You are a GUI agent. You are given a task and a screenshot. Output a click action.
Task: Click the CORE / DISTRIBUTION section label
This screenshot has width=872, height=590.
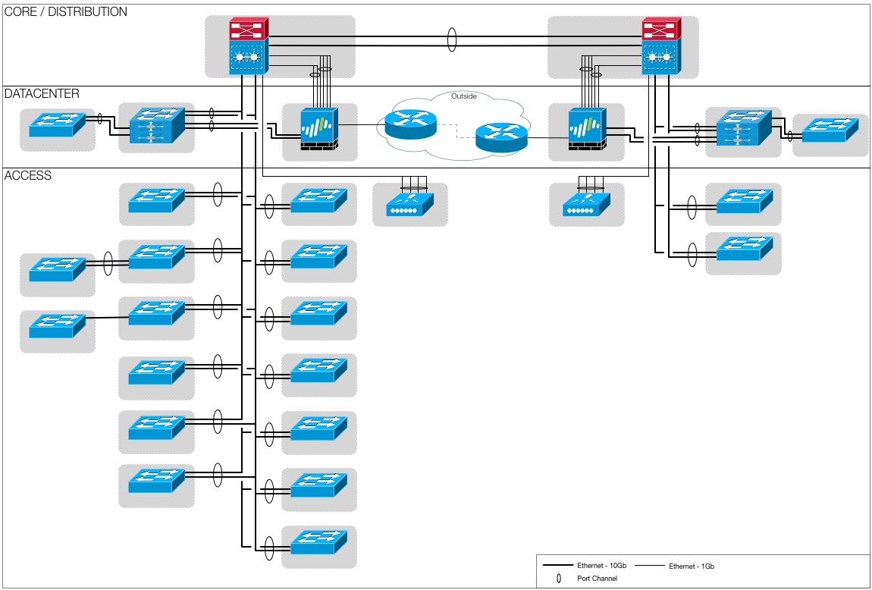pos(66,12)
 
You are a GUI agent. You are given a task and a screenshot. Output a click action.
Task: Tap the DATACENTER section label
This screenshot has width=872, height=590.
pos(42,93)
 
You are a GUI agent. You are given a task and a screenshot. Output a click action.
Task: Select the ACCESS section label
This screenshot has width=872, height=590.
pos(28,175)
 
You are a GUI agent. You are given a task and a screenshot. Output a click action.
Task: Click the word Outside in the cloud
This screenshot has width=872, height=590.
pos(464,96)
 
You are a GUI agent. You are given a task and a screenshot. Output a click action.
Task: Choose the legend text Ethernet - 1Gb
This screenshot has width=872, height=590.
pos(692,566)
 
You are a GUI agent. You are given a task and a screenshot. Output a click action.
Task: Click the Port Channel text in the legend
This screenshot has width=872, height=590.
pos(598,579)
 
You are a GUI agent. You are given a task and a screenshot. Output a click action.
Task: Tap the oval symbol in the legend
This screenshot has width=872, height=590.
pos(559,579)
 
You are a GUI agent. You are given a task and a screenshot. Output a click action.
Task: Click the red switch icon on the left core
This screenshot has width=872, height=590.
pos(247,31)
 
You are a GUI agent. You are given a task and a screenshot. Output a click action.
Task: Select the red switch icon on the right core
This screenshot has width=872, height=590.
pos(660,31)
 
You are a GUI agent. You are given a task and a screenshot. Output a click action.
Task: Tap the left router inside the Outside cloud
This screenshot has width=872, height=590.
pos(411,123)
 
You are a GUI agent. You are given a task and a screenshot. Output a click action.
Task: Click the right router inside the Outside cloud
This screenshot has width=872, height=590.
pos(501,137)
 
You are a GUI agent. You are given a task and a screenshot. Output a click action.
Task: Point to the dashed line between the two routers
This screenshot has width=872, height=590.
pos(456,130)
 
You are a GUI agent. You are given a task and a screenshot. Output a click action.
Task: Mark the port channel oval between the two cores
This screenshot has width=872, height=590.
pos(453,39)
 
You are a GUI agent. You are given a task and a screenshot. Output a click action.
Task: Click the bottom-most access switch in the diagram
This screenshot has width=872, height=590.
pos(318,544)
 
